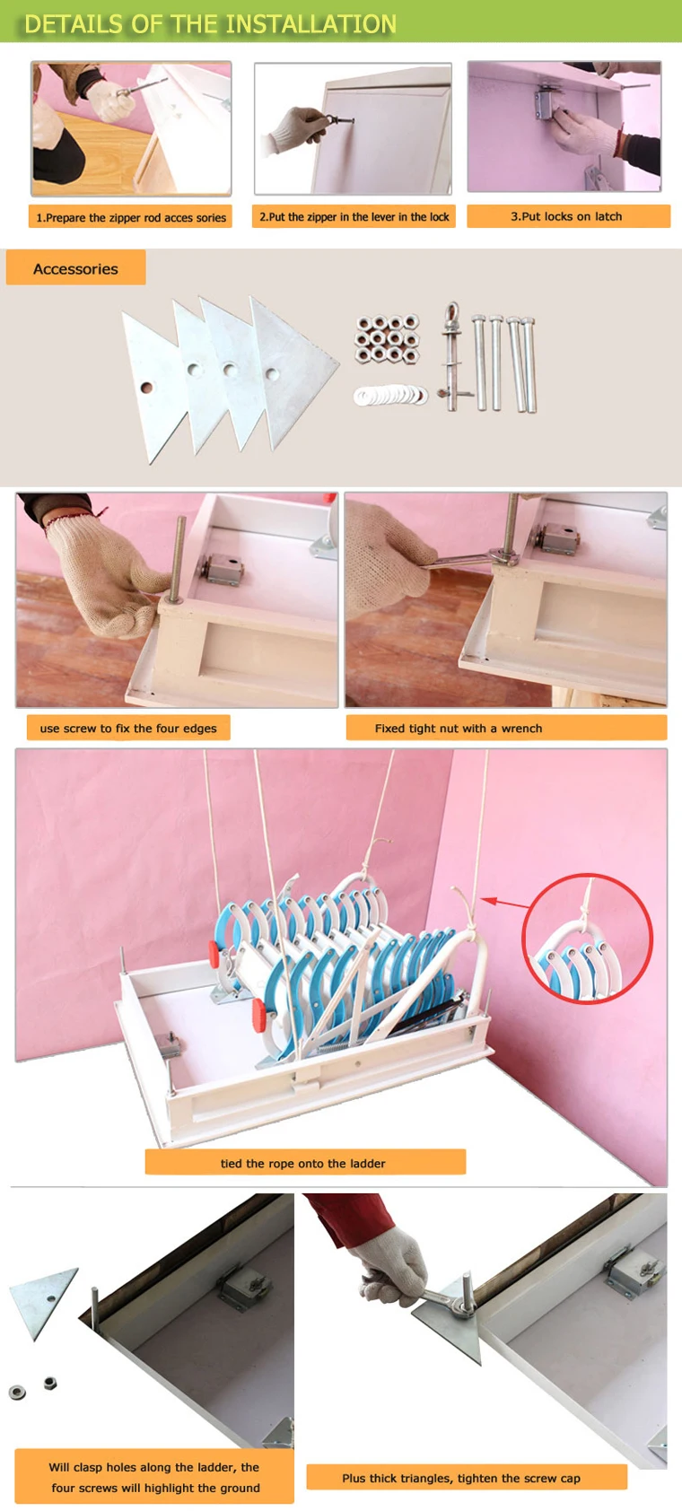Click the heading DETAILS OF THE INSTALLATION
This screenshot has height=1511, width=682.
click(210, 24)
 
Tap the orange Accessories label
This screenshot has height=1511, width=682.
click(75, 268)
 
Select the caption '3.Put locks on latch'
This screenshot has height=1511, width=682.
click(566, 216)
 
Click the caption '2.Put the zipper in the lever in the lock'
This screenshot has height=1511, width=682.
click(354, 217)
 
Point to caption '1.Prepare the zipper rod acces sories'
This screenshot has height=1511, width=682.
click(131, 217)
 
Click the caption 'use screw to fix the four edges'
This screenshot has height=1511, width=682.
click(128, 728)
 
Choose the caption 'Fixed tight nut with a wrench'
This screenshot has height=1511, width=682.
click(459, 728)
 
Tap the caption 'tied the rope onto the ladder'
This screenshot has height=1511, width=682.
click(303, 1163)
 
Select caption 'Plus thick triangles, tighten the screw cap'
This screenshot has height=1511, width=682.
click(461, 1478)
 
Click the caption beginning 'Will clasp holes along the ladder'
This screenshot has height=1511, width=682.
click(154, 1477)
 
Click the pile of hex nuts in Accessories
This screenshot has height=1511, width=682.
click(387, 338)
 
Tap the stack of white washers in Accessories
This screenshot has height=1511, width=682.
click(389, 395)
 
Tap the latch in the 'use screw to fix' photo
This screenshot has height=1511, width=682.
click(220, 568)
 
